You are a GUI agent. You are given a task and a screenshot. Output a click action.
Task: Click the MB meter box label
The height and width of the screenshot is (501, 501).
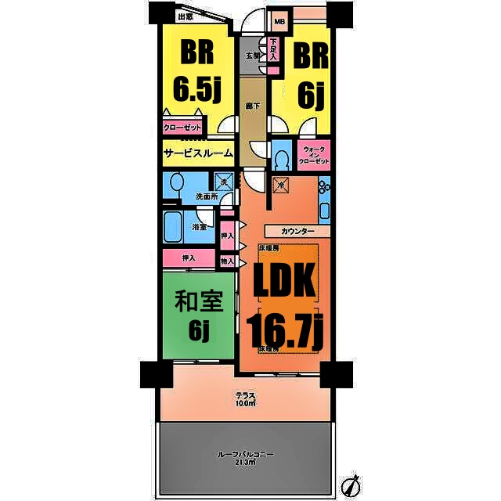point(279,21)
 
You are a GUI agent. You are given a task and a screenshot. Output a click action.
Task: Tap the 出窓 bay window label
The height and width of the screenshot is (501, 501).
point(185,16)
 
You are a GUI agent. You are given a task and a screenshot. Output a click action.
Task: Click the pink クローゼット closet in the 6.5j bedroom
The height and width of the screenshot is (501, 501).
point(182,128)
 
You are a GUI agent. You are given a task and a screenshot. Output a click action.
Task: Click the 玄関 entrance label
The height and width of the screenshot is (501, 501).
point(252,56)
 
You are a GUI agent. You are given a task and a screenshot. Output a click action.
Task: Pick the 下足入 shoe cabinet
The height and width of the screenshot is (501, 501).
point(273,51)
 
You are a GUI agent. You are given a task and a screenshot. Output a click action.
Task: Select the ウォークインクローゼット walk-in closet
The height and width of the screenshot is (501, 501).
point(314,154)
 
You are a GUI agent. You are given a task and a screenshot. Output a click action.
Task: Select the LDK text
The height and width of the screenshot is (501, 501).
point(285,284)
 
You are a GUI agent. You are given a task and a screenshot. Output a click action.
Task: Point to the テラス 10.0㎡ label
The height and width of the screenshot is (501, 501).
point(245,399)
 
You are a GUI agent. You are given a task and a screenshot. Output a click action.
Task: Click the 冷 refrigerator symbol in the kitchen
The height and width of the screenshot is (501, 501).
point(281,186)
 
